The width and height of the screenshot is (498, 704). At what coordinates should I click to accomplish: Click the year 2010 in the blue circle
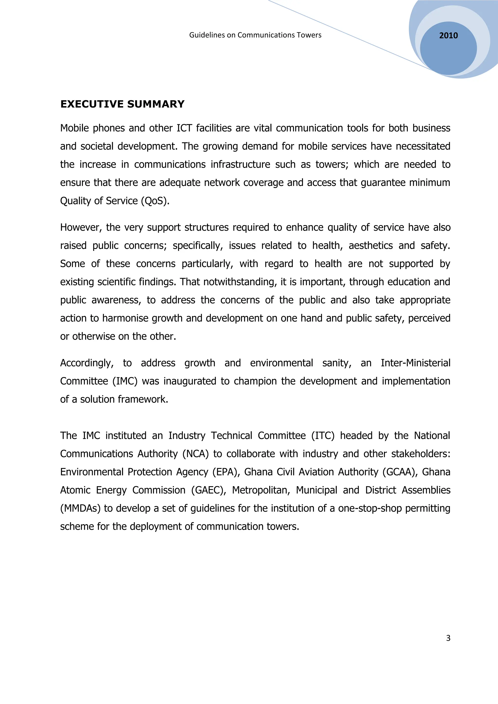pos(448,35)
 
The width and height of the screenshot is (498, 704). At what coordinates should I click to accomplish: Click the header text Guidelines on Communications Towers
pos(255,35)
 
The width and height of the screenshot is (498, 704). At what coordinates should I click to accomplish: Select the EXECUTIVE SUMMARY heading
pos(122,104)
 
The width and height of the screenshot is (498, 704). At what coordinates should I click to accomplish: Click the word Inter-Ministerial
pos(415,363)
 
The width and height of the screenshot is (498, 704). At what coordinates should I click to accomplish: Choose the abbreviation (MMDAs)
pos(80,508)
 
